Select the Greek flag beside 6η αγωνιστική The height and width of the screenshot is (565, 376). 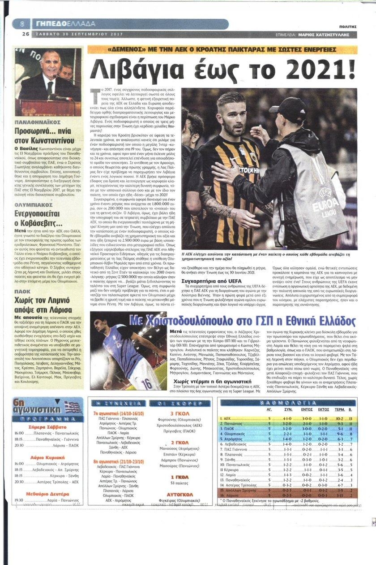(x=72, y=407)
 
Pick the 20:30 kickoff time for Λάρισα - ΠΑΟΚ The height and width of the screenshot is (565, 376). (x=19, y=445)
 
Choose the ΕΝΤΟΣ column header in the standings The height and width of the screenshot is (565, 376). (x=306, y=409)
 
